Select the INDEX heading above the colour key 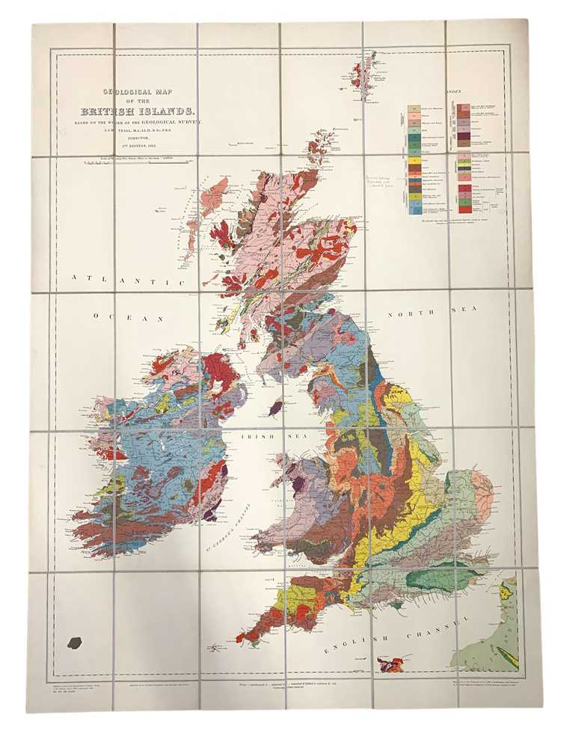(x=453, y=91)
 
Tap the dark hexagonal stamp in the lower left (x=74, y=642)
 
